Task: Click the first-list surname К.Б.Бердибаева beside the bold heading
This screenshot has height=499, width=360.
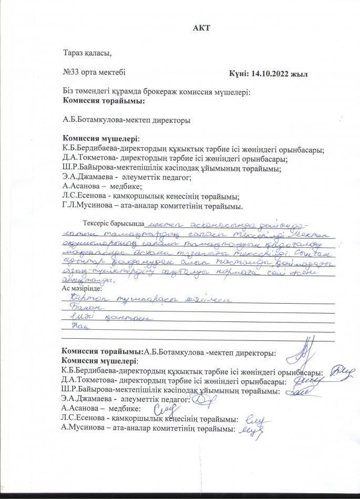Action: coord(88,149)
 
